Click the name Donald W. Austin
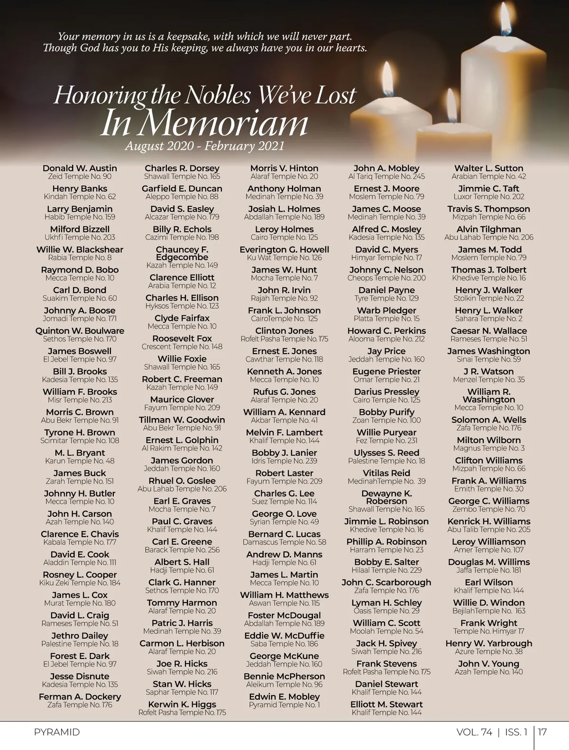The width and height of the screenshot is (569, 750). (80, 168)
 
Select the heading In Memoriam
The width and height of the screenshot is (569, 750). (204, 123)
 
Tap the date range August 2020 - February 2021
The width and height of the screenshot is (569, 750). (204, 146)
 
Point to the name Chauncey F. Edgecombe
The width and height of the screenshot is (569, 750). (182, 253)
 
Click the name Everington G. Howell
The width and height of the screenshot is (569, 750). (284, 250)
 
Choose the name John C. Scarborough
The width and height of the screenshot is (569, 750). (386, 583)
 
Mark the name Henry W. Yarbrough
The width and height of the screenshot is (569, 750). (488, 644)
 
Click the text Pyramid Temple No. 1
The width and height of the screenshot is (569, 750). (284, 705)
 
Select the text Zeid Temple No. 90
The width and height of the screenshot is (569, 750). (80, 176)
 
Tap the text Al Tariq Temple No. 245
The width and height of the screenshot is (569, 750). (386, 176)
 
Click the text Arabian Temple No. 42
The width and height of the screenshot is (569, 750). (488, 176)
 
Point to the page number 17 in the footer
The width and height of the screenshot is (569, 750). (542, 732)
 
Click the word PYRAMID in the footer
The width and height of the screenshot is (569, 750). (57, 732)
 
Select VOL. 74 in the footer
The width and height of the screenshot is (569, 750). (474, 732)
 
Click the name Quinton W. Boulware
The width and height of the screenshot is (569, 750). (80, 331)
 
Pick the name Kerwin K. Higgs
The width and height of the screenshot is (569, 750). (182, 704)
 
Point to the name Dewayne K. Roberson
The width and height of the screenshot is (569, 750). (386, 497)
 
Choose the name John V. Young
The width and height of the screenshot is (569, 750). (488, 664)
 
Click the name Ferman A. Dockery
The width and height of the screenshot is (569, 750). (80, 697)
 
